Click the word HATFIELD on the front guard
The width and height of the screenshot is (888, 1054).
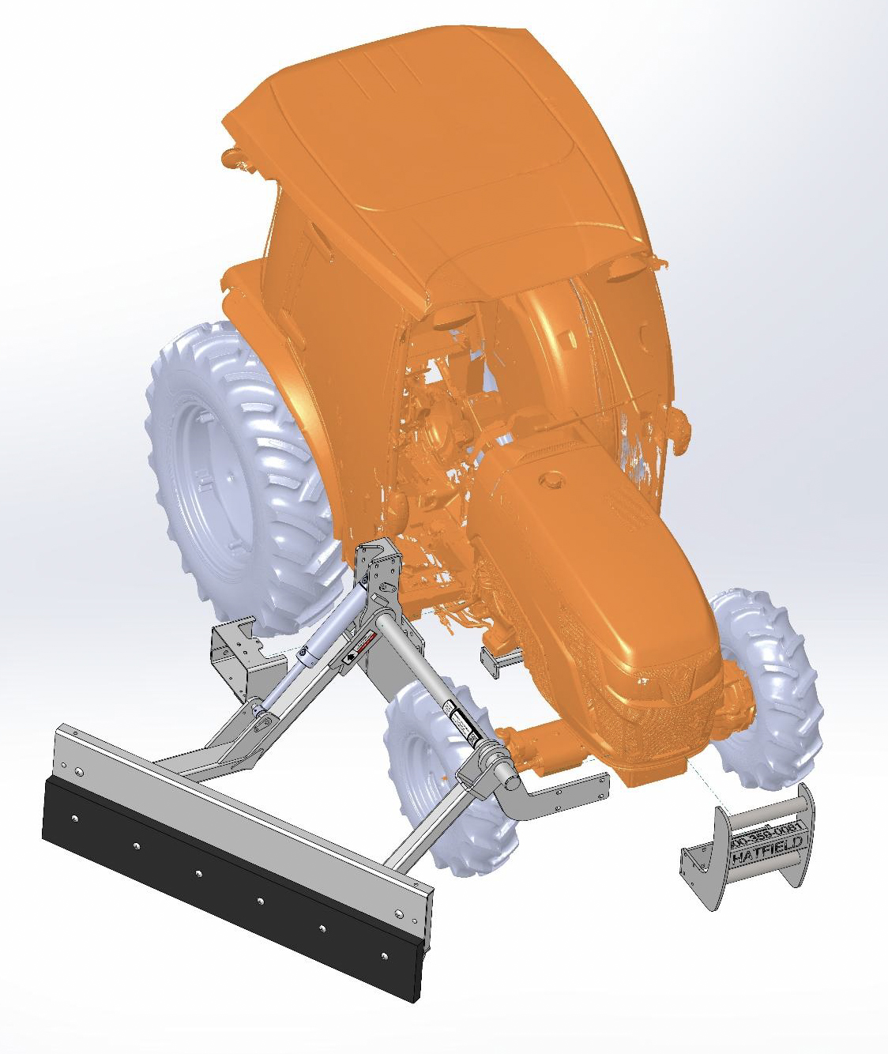[x=767, y=849]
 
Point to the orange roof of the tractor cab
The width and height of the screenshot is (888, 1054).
[x=442, y=150]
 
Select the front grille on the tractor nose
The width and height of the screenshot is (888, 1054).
[x=679, y=711]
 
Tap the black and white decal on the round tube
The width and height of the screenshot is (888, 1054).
[x=458, y=719]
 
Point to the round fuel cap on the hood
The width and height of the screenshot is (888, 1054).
[x=551, y=480]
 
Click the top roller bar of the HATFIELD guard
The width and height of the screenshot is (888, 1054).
[x=762, y=814]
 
